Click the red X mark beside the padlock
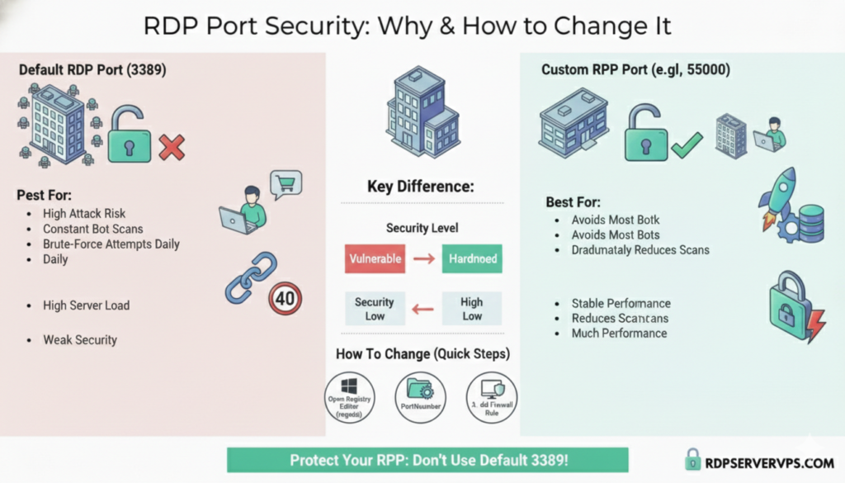click(171, 148)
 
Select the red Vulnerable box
click(375, 258)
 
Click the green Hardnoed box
click(472, 258)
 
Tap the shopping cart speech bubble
click(286, 183)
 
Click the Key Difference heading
click(421, 187)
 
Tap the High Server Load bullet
click(86, 305)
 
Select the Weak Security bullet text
click(80, 339)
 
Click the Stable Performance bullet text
click(621, 303)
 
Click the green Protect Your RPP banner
click(427, 460)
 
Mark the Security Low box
click(375, 309)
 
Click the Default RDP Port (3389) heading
click(92, 70)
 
